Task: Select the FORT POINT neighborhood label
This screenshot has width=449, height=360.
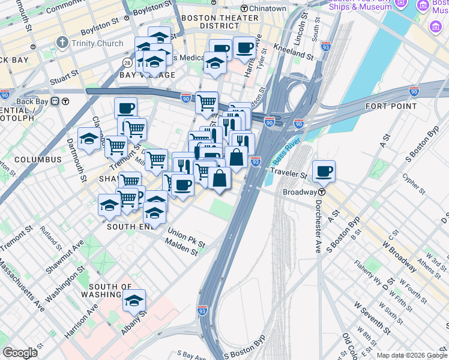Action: [x=391, y=106]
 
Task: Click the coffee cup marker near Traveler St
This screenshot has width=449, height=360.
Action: [x=324, y=172]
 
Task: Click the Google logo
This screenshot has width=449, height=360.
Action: [x=20, y=352]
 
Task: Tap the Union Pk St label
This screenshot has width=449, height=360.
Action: [x=186, y=239]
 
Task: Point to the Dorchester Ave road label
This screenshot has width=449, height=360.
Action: [x=316, y=225]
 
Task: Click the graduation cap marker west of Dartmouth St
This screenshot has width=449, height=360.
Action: [x=89, y=139]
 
